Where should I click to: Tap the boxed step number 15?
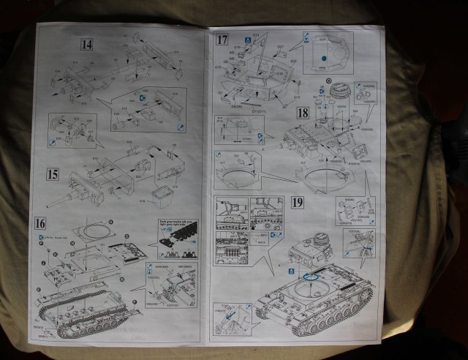click(53, 175)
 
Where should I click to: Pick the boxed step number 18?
click(303, 113)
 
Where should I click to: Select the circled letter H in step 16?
click(99, 220)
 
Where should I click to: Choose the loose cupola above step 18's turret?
click(339, 89)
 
